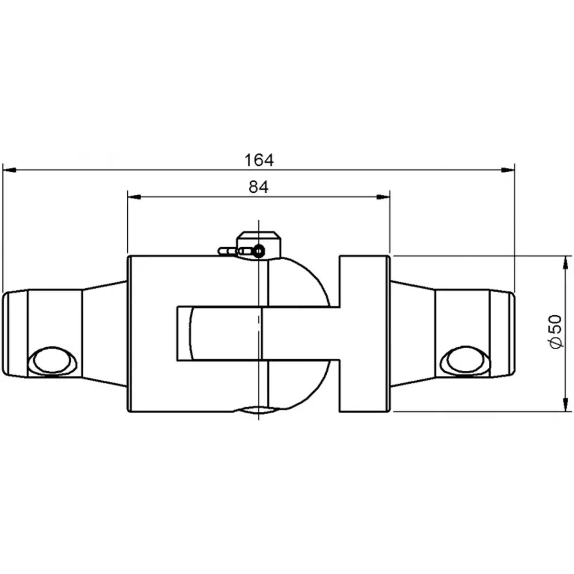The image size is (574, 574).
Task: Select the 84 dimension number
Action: [x=259, y=187]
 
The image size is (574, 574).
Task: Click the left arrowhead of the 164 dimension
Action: [x=10, y=169]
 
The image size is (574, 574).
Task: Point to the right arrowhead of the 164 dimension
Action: [x=508, y=169]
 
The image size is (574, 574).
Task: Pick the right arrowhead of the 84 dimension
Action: [x=384, y=196]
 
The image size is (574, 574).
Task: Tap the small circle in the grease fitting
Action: [x=259, y=250]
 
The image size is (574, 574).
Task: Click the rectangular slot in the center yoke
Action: [x=220, y=333]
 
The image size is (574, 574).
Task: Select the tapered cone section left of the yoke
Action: [x=105, y=333]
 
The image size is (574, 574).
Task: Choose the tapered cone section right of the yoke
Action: [x=412, y=333]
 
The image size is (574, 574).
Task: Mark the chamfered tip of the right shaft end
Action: [x=510, y=333]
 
